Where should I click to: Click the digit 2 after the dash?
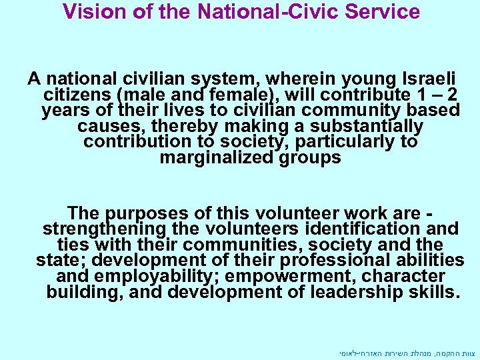(453, 95)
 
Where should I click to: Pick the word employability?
(154, 276)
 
